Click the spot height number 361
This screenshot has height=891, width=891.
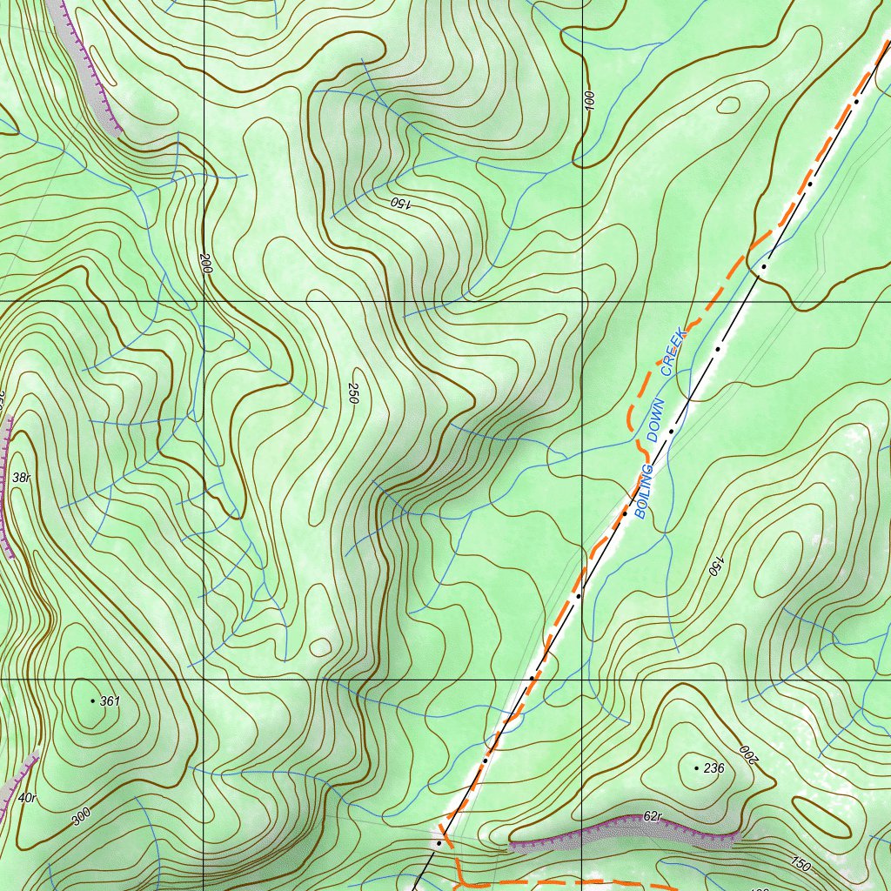(110, 700)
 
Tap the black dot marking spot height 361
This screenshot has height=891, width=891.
(92, 700)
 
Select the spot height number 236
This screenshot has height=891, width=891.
(714, 768)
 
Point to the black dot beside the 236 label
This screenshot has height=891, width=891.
(696, 768)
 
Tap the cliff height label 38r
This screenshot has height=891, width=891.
(22, 478)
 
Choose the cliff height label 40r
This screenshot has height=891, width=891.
(27, 798)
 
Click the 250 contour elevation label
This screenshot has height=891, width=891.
(353, 392)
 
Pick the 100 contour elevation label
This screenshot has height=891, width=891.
(589, 100)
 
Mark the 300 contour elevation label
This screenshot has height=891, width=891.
(80, 816)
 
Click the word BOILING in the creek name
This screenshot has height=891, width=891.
(645, 492)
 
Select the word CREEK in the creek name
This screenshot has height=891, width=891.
(674, 352)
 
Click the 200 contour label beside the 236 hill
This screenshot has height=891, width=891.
(748, 754)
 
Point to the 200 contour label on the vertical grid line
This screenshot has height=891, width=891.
(205, 264)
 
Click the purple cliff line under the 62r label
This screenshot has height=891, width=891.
(622, 832)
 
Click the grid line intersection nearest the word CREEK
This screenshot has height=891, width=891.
(582, 301)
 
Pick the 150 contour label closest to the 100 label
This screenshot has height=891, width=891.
(400, 202)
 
